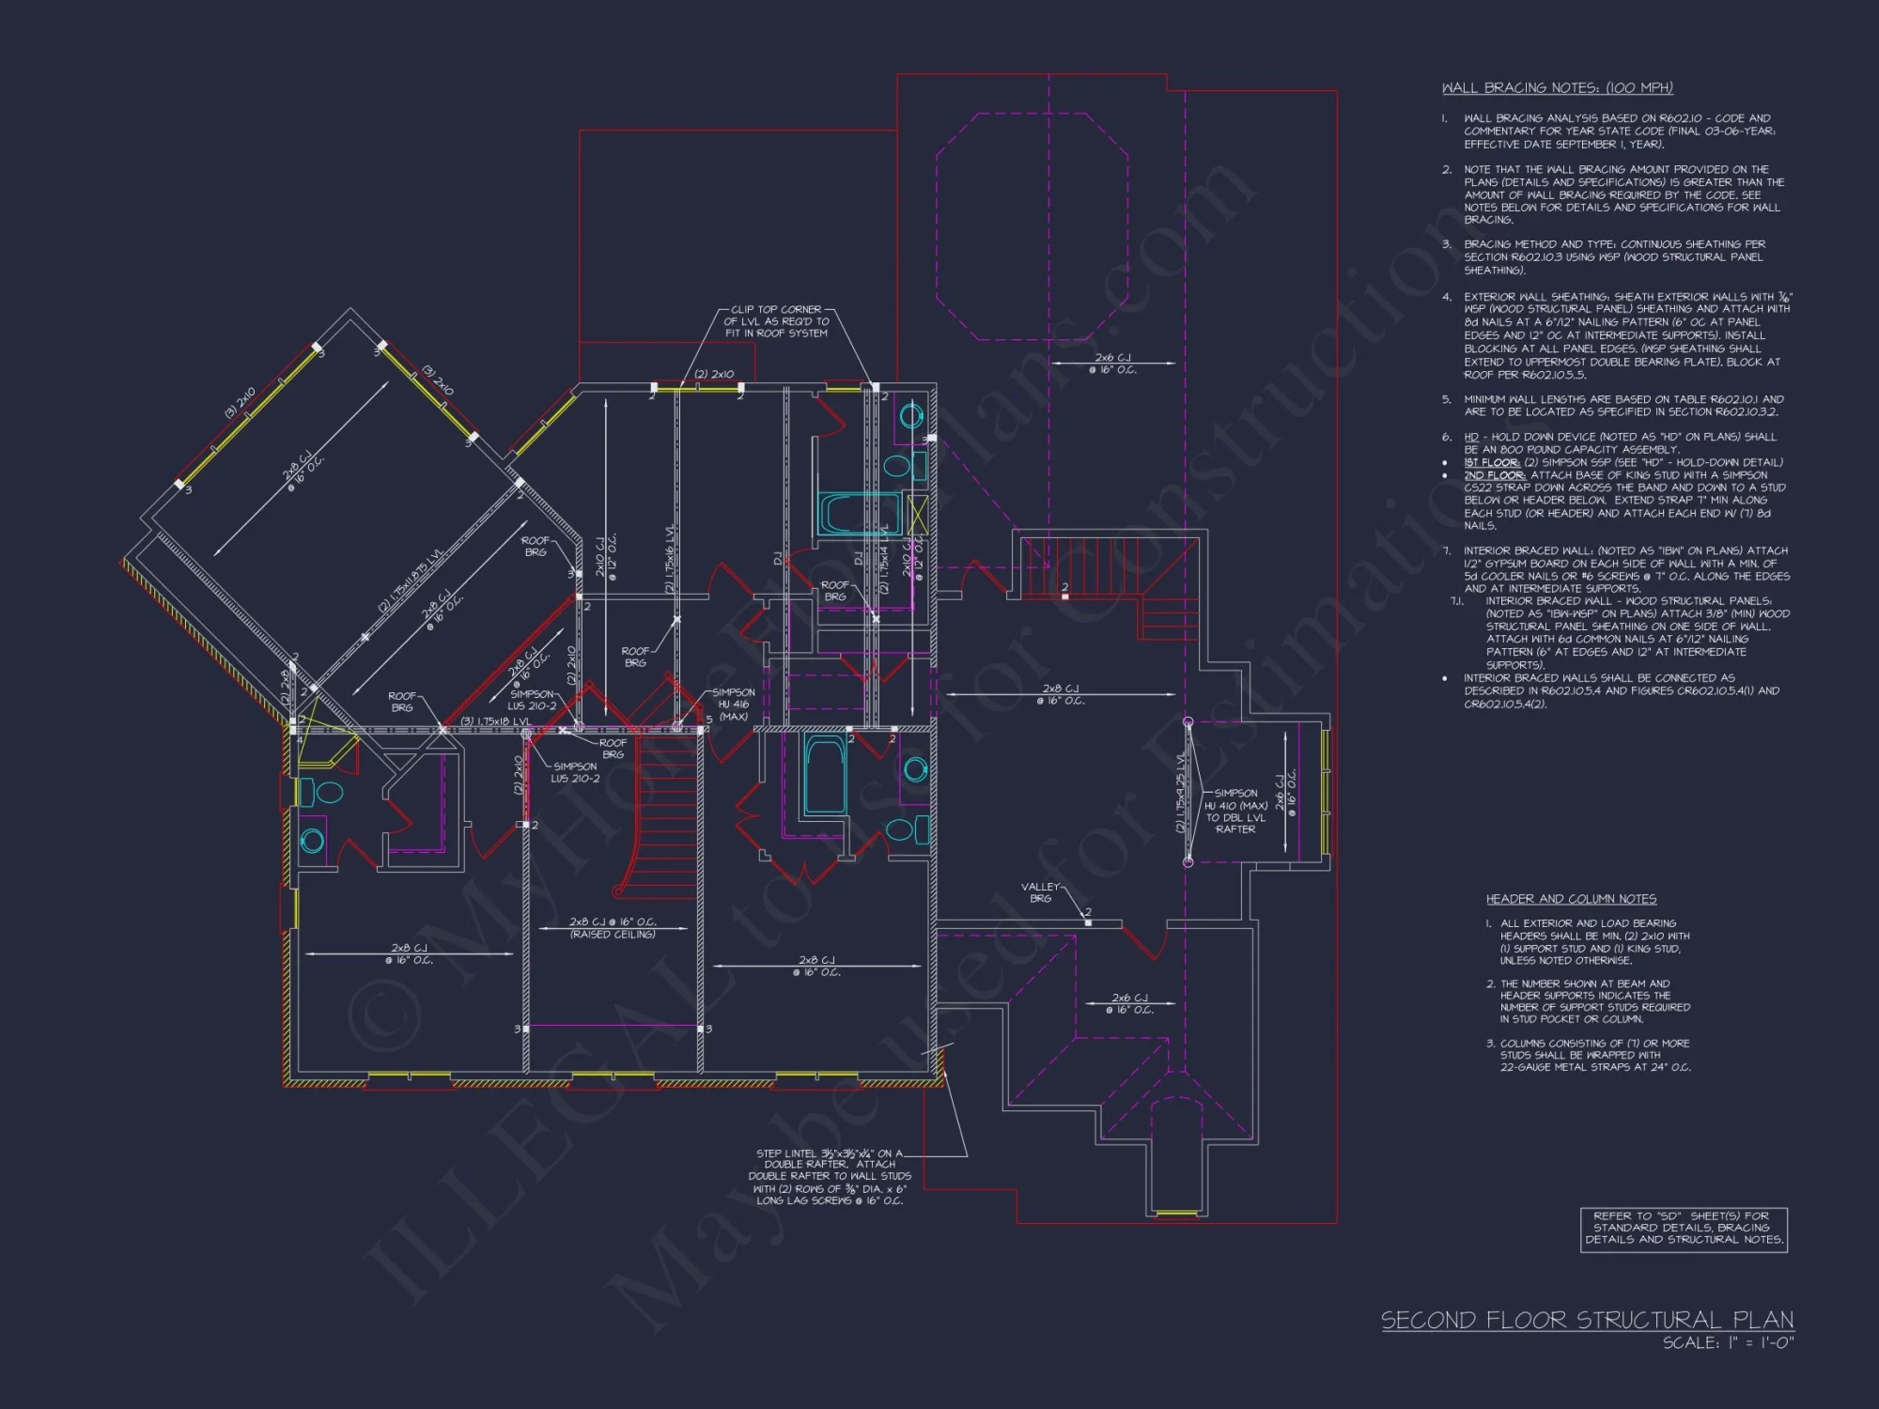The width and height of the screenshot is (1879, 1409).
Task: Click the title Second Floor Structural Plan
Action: (1586, 1320)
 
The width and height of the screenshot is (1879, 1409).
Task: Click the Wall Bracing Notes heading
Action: (1557, 88)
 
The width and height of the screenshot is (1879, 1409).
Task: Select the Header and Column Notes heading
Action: (1571, 899)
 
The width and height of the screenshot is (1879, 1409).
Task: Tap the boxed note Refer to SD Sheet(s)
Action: (1683, 1228)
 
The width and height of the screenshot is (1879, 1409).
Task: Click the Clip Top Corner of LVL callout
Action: (776, 321)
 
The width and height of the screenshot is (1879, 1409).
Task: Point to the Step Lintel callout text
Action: (830, 1177)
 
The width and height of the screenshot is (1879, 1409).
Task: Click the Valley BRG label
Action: (1040, 892)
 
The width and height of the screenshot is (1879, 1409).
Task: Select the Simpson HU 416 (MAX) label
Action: (734, 704)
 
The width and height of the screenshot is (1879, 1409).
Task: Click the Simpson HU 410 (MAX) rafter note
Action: (1235, 811)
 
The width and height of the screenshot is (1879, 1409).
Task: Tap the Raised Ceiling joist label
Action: (613, 928)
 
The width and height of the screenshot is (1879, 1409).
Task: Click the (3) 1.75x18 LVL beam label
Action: (495, 721)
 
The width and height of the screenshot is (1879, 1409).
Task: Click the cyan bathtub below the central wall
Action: (825, 775)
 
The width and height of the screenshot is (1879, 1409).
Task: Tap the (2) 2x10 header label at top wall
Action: (714, 374)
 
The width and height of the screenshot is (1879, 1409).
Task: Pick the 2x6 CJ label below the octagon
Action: (1112, 364)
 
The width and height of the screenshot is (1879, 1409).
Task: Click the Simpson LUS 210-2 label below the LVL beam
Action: (575, 772)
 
